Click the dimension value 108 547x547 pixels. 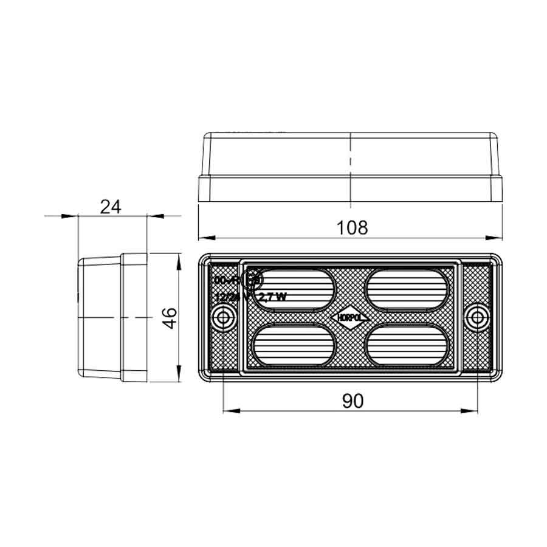tap(353, 227)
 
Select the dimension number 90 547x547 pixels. tap(353, 401)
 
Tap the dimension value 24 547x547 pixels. tap(111, 207)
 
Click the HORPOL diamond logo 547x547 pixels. tap(351, 317)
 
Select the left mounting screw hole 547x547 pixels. tap(224, 317)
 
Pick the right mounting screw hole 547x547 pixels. tap(479, 317)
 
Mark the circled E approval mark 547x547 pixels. tap(251, 280)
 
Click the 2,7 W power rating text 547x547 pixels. tap(272, 297)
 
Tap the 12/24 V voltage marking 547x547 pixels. tap(229, 297)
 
